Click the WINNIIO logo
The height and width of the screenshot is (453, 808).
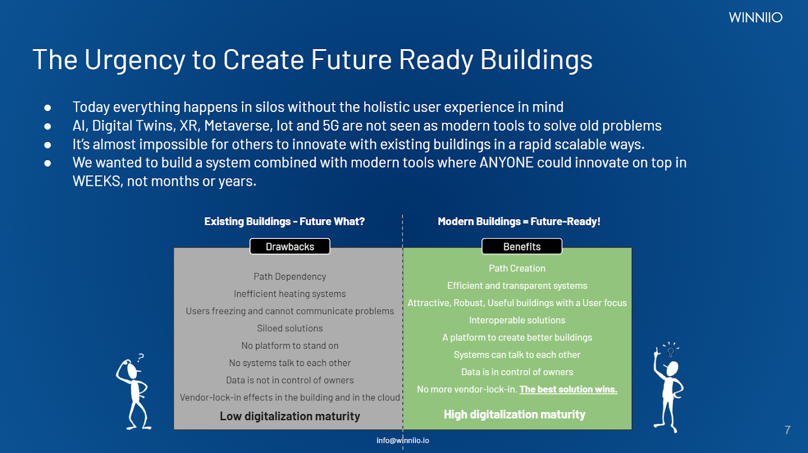click(x=755, y=17)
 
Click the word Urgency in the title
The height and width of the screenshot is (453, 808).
click(x=134, y=60)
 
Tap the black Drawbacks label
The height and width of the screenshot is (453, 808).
click(x=290, y=246)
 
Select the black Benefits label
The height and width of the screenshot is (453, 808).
click(x=522, y=246)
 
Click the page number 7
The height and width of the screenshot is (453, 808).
click(x=787, y=430)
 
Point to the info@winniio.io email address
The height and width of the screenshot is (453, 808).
click(x=402, y=440)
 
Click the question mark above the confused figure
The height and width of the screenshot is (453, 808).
click(x=141, y=358)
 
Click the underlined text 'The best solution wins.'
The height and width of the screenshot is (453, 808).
click(x=568, y=389)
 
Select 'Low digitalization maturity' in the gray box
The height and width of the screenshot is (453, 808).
click(x=290, y=416)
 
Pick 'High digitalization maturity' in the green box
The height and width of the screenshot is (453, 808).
click(x=515, y=415)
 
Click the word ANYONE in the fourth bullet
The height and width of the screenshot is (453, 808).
click(x=506, y=163)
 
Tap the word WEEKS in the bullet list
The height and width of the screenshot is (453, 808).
click(x=96, y=181)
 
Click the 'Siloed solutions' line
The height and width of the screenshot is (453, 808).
click(x=290, y=328)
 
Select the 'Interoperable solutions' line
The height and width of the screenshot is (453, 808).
click(x=517, y=320)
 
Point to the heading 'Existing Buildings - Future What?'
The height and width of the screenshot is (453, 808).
click(x=284, y=221)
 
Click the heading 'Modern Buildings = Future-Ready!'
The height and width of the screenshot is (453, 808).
click(x=519, y=221)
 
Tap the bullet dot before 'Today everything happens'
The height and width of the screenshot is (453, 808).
click(x=47, y=108)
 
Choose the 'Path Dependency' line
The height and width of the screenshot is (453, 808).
click(x=290, y=276)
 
